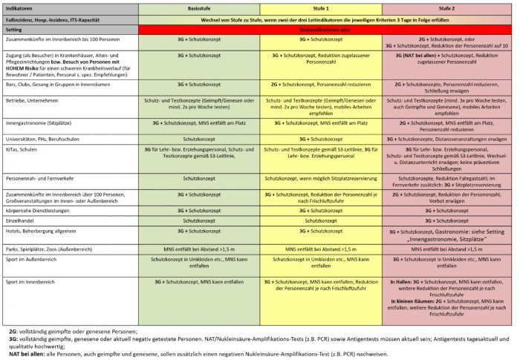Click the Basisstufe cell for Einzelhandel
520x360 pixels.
[x=199, y=221]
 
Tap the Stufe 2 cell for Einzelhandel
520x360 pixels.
[x=447, y=221]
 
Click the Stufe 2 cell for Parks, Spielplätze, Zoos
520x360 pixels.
[x=447, y=249]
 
